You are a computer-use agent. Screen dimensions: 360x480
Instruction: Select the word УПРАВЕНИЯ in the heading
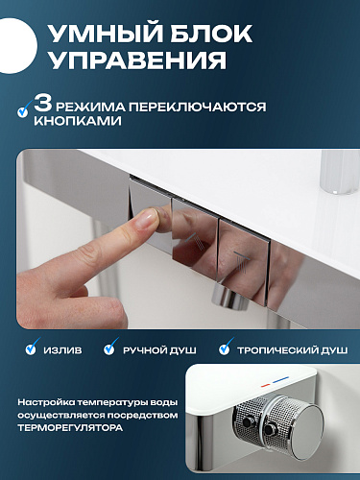pyautogui.click(x=138, y=60)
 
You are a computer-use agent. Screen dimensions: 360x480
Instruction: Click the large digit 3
pyautogui.click(x=43, y=103)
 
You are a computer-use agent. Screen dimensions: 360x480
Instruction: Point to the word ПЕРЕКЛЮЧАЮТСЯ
pyautogui.click(x=197, y=108)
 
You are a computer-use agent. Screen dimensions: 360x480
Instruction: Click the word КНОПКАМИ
pyautogui.click(x=78, y=121)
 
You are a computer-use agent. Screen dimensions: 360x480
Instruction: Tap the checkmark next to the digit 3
pyautogui.click(x=23, y=108)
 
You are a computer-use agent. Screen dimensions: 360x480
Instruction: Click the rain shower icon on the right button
pyautogui.click(x=240, y=261)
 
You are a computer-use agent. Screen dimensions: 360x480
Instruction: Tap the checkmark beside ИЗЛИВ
pyautogui.click(x=32, y=347)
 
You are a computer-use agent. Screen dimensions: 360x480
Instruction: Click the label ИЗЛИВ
pyautogui.click(x=62, y=350)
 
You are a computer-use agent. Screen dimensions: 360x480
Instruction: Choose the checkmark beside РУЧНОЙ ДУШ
pyautogui.click(x=110, y=347)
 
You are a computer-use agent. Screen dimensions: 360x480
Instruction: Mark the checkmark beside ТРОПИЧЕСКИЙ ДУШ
pyautogui.click(x=225, y=347)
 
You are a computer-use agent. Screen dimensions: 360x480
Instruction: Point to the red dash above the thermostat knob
pyautogui.click(x=266, y=385)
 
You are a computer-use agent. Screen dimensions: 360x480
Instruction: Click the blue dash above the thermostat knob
pyautogui.click(x=281, y=380)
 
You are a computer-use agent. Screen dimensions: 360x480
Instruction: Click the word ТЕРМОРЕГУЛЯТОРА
pyautogui.click(x=70, y=428)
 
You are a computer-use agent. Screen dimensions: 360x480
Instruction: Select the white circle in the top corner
pyautogui.click(x=16, y=46)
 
